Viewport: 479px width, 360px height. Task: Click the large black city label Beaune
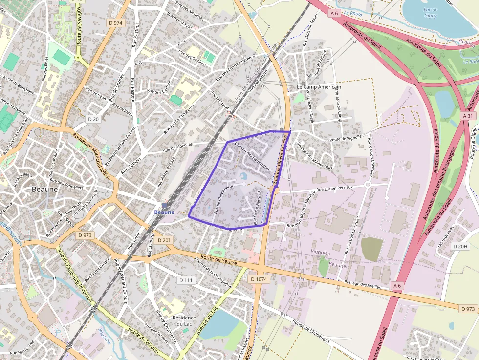click(44, 189)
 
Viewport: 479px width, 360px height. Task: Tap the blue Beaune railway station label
click(164, 212)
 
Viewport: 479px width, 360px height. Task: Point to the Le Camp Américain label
click(319, 87)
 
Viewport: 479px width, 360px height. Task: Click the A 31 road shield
click(468, 116)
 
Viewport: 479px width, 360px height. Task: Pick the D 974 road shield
click(116, 22)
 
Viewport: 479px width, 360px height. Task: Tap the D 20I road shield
click(164, 240)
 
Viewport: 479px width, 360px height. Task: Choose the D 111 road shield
click(186, 280)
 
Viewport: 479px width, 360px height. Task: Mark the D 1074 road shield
click(259, 279)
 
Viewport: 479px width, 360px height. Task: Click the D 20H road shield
click(460, 246)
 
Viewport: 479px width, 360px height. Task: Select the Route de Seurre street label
click(218, 260)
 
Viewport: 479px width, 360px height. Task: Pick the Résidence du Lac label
click(184, 321)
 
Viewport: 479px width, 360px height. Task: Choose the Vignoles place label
click(321, 252)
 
